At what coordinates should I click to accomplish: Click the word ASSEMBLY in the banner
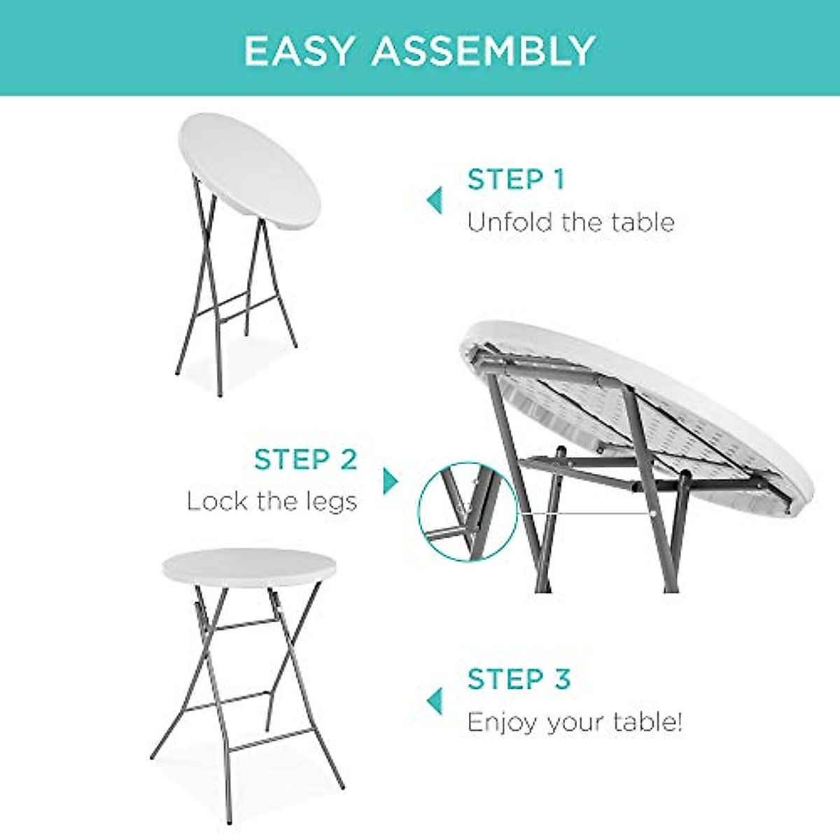pyautogui.click(x=484, y=50)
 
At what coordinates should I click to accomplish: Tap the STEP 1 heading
pyautogui.click(x=516, y=180)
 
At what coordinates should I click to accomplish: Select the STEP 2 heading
pyautogui.click(x=306, y=460)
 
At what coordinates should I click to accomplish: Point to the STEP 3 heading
pyautogui.click(x=519, y=679)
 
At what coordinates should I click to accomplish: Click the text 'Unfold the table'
pyautogui.click(x=570, y=223)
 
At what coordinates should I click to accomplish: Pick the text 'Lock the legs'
pyautogui.click(x=272, y=501)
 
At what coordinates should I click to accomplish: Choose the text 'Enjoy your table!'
pyautogui.click(x=575, y=722)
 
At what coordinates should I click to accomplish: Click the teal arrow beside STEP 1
pyautogui.click(x=435, y=201)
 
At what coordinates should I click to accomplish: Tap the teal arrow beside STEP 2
pyautogui.click(x=390, y=481)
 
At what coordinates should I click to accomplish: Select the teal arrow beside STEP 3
pyautogui.click(x=435, y=700)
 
